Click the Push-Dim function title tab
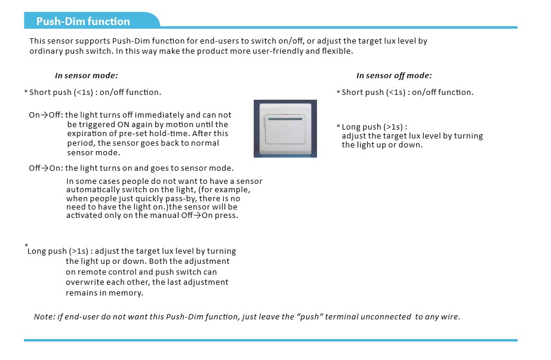pos(84,21)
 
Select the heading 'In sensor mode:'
pos(86,76)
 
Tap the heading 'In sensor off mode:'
pos(394,76)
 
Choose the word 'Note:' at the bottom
pos(44,317)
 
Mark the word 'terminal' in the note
pos(340,317)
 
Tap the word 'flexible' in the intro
pos(336,51)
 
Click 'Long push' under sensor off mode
pos(362,127)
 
